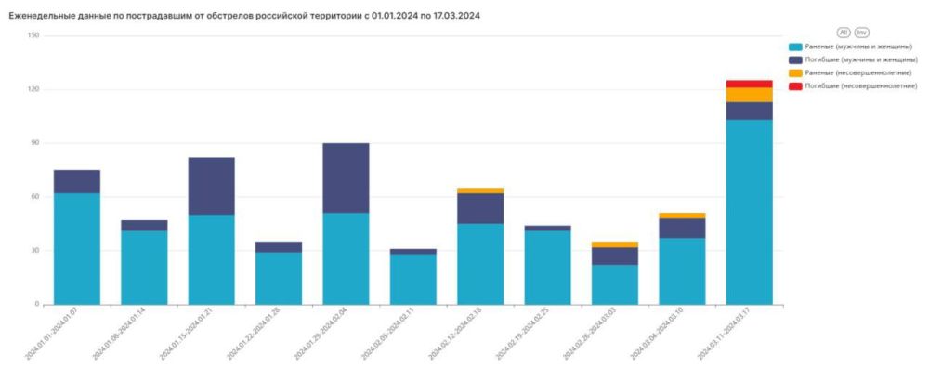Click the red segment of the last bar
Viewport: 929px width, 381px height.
(750, 84)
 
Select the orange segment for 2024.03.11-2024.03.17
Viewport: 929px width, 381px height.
(750, 95)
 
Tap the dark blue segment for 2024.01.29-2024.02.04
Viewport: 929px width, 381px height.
(346, 178)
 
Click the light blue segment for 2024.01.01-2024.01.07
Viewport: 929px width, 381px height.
(77, 248)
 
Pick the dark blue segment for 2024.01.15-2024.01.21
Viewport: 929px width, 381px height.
(211, 186)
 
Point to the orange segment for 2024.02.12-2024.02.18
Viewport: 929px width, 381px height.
(480, 190)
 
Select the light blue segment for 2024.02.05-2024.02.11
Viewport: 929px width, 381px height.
(412, 279)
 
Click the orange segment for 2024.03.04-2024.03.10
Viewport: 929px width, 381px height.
(682, 216)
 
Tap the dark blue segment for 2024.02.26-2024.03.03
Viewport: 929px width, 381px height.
(615, 256)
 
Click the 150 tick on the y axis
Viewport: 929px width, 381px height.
(33, 35)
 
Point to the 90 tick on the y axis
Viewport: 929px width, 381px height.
(34, 143)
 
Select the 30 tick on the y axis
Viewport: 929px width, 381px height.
(34, 251)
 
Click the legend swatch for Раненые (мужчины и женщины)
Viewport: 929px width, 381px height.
(795, 46)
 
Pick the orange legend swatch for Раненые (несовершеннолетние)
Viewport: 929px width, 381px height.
(795, 72)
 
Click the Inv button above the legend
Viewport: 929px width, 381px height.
(862, 32)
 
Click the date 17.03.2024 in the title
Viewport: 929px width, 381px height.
(456, 17)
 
